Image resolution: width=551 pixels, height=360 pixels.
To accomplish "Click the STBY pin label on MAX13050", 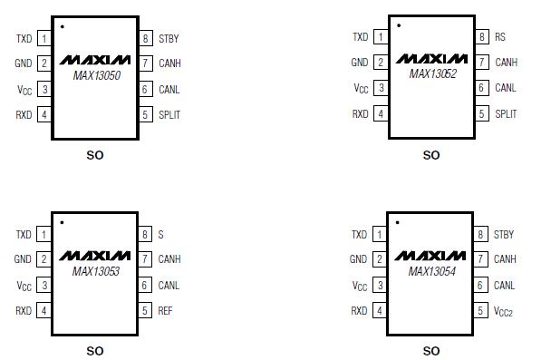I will (169, 39).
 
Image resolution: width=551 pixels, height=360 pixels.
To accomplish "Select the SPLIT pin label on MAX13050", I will (169, 115).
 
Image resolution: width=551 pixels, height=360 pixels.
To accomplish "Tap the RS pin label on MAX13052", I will (499, 37).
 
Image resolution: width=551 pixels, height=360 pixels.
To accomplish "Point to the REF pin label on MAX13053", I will (165, 311).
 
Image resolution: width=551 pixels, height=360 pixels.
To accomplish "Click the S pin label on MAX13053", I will (160, 234).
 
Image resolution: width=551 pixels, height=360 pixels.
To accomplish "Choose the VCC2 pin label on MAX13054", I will (504, 311).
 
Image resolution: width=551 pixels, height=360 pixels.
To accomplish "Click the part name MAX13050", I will (95, 75).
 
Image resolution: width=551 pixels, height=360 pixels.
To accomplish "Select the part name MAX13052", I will (431, 73).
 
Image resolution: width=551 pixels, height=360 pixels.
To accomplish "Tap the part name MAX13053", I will (95, 271).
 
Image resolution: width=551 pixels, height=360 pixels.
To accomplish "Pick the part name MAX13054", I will (431, 270).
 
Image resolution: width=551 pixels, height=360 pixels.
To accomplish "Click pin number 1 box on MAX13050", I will (43, 39).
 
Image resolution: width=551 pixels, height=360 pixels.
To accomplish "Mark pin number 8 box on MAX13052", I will (482, 37).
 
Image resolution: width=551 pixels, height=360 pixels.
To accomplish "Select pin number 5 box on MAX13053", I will (145, 311).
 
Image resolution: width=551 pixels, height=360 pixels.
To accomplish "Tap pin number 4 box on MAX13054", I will (379, 311).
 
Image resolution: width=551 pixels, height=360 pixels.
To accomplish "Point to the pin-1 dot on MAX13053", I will (62, 222).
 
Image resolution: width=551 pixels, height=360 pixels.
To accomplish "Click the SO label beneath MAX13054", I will (431, 351).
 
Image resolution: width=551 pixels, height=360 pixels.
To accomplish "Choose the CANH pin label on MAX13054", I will (505, 259).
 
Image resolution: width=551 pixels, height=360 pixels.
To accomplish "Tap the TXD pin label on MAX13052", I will (360, 37).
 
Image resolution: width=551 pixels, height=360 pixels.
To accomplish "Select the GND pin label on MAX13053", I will (23, 259).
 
